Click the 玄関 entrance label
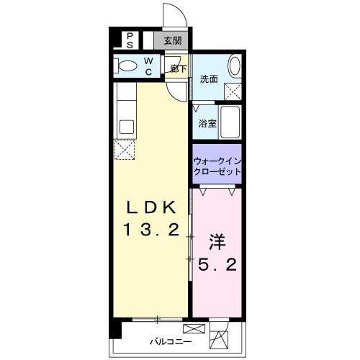tap(172, 40)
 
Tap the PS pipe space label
tap(130, 40)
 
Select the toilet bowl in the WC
tap(129, 67)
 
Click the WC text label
tap(148, 67)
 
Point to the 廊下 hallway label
tap(179, 70)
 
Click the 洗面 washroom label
tap(209, 78)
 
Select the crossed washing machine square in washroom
tap(233, 91)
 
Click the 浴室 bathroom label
tap(207, 124)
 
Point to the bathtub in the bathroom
tap(230, 122)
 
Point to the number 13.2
tap(152, 232)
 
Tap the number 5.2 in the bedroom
tap(216, 266)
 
